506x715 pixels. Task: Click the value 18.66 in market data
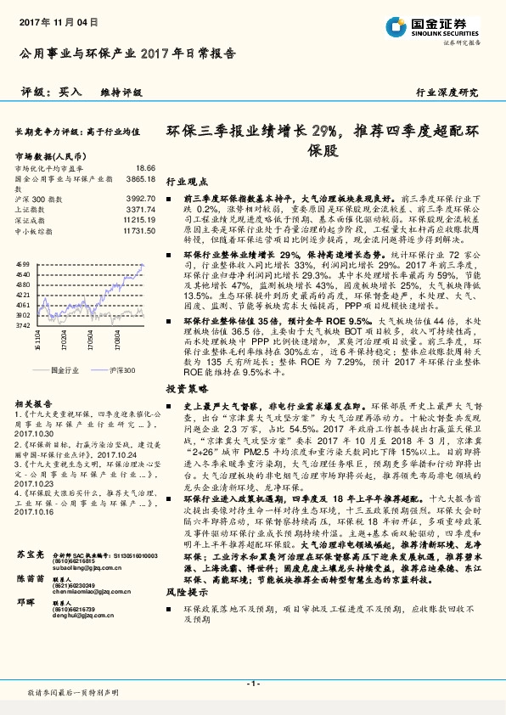pos(145,169)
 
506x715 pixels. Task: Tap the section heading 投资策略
pos(185,386)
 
